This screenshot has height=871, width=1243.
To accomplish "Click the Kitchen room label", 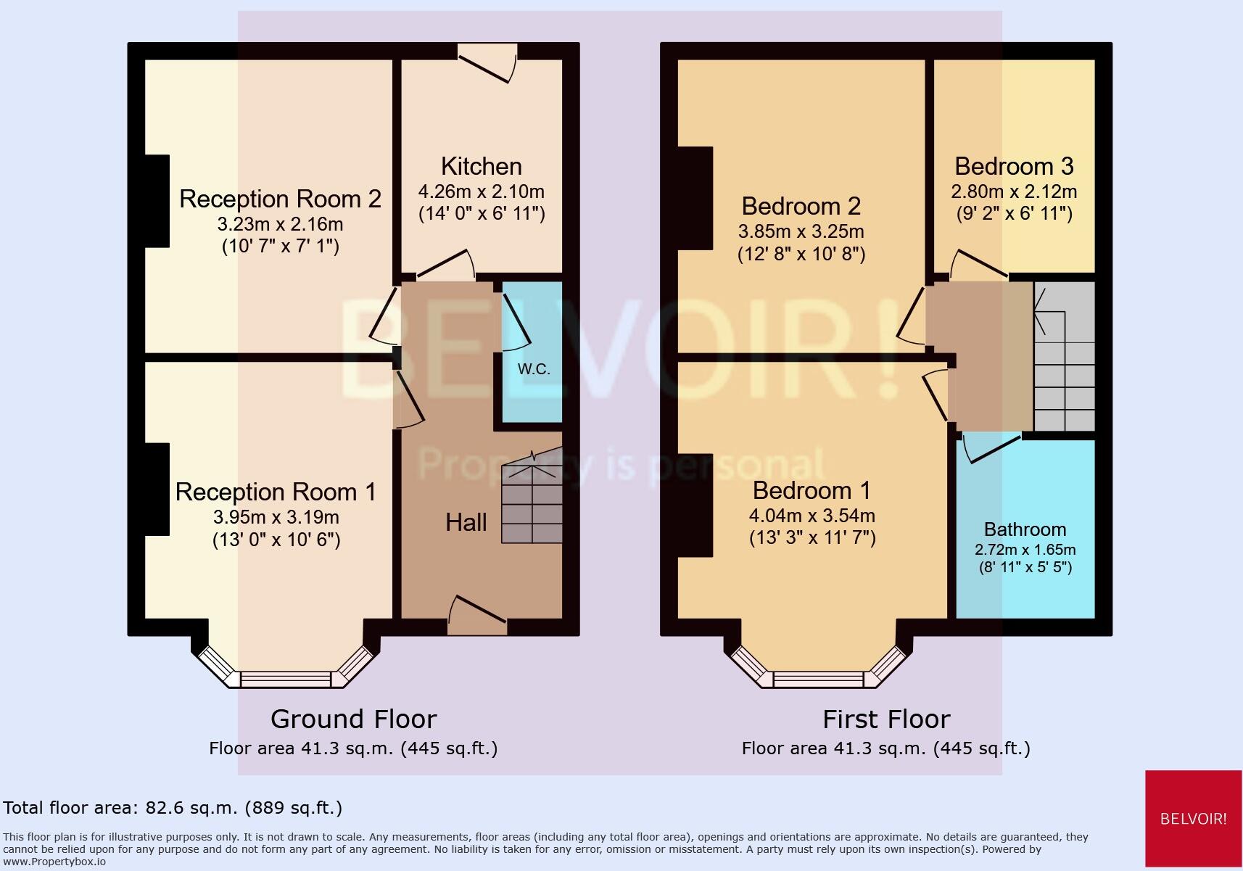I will pyautogui.click(x=481, y=166).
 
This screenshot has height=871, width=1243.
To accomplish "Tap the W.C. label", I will pyautogui.click(x=534, y=368).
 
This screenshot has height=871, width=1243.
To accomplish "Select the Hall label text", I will pyautogui.click(x=466, y=522).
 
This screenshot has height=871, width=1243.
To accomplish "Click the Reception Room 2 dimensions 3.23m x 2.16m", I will pyautogui.click(x=280, y=223).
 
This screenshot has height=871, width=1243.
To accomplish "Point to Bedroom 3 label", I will pyautogui.click(x=1013, y=166).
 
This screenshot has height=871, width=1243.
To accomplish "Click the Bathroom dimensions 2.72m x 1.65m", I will pyautogui.click(x=1025, y=550).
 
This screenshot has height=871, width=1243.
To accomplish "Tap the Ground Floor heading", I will pyautogui.click(x=353, y=719).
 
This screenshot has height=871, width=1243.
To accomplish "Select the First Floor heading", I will pyautogui.click(x=885, y=719).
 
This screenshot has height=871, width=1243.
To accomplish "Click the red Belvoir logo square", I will pyautogui.click(x=1193, y=818).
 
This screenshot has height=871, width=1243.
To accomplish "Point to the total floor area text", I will pyautogui.click(x=173, y=807).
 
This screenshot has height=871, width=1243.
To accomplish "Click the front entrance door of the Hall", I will pyautogui.click(x=477, y=614).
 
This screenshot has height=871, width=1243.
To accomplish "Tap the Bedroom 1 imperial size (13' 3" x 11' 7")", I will pyautogui.click(x=812, y=537).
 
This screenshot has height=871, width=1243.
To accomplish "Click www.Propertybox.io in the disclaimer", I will pyautogui.click(x=54, y=862).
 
